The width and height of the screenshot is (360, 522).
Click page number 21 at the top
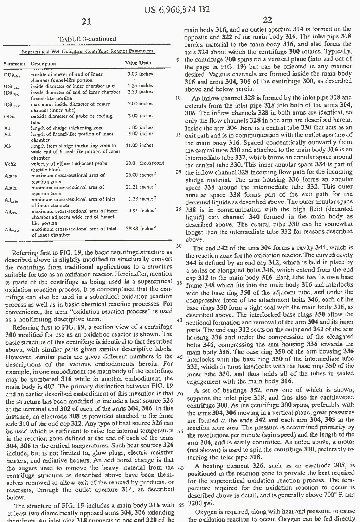[86, 22]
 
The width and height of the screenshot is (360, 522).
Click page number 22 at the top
[267, 20]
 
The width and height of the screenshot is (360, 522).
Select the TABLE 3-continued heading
[87, 39]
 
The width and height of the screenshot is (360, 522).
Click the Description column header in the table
[43, 64]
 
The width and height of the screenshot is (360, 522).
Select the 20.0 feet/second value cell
[144, 163]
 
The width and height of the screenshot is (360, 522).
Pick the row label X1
[8, 128]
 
